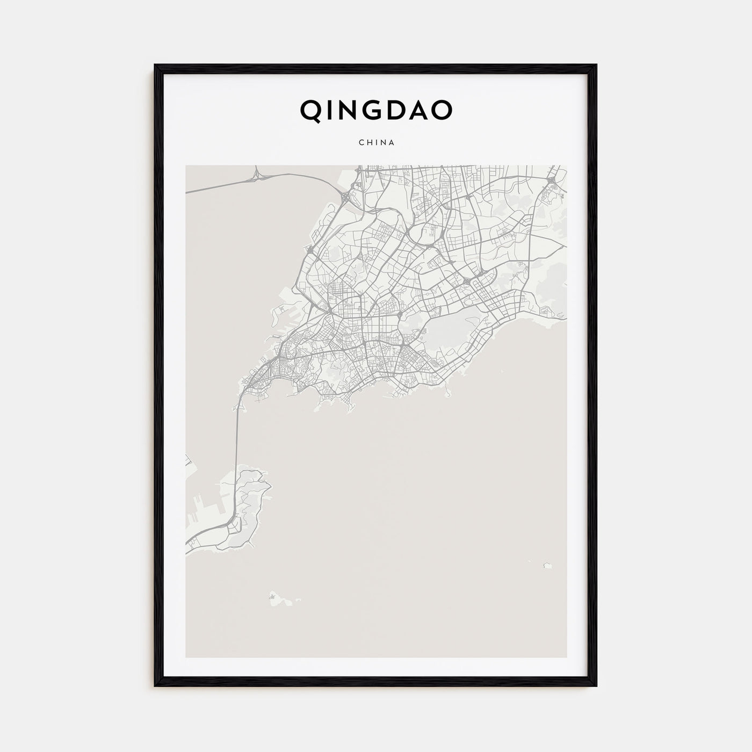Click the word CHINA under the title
[376, 142]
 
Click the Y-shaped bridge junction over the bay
[257, 174]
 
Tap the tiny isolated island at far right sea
[548, 565]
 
